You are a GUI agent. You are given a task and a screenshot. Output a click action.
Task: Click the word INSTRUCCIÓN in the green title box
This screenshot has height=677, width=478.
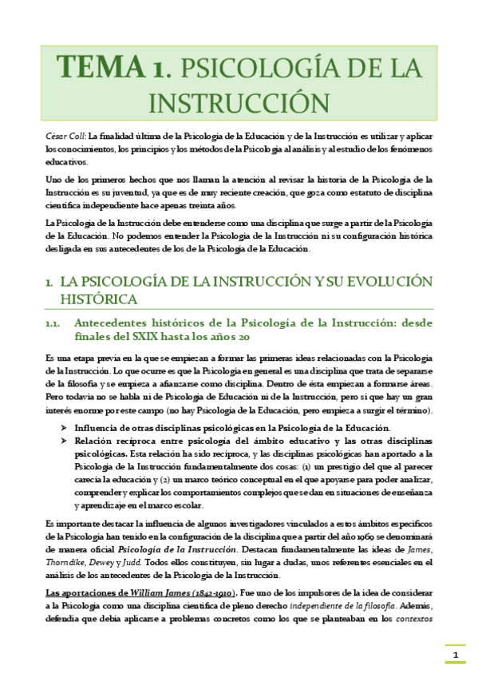coord(239,102)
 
